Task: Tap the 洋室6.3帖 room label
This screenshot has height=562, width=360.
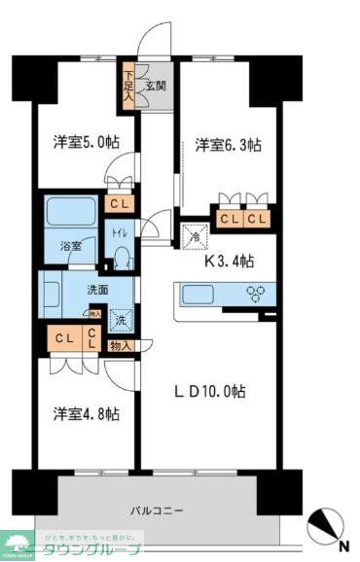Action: pyautogui.click(x=227, y=145)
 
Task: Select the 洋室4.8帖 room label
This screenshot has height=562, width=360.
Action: pyautogui.click(x=86, y=414)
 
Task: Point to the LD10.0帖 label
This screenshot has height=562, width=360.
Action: pyautogui.click(x=209, y=392)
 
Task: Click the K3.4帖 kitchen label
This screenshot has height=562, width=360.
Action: pyautogui.click(x=230, y=261)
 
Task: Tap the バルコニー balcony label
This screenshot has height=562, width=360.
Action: pyautogui.click(x=159, y=509)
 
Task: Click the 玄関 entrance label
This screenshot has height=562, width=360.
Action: pyautogui.click(x=156, y=86)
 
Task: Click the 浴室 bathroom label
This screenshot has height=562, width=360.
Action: pyautogui.click(x=69, y=246)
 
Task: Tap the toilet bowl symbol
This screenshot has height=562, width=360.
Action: pyautogui.click(x=122, y=257)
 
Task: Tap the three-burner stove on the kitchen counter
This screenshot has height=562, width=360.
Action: pyautogui.click(x=257, y=294)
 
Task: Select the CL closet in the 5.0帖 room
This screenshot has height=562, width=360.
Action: pyautogui.click(x=117, y=204)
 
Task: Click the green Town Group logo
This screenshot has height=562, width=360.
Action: pyautogui.click(x=19, y=543)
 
